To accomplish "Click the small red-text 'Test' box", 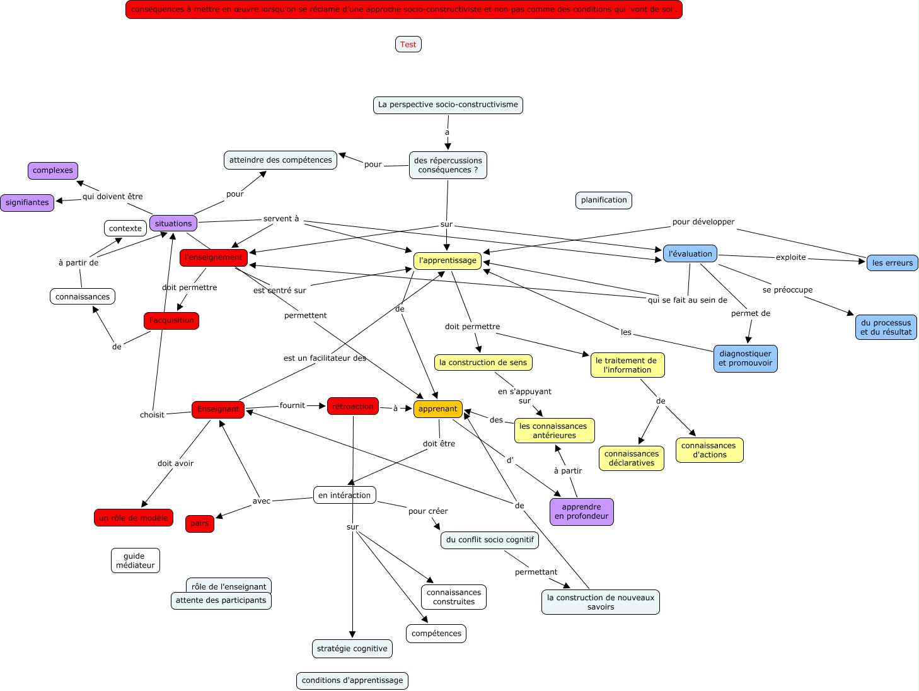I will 408,44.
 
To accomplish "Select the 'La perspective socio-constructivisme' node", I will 448,105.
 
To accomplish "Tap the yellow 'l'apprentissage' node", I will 448,260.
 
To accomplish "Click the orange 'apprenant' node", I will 437,409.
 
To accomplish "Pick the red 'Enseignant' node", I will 218,409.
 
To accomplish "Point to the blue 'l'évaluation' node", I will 690,253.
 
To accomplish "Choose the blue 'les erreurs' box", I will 892,263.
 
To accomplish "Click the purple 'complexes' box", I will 53,170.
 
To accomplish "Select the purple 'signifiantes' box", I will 27,202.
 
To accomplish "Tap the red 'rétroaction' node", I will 352,407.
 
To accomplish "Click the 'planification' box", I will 603,200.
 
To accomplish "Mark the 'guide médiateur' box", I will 135,560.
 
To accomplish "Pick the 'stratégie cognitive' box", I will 352,648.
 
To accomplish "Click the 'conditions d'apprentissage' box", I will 352,680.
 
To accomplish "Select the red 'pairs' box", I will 200,523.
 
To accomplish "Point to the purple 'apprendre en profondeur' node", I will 581,511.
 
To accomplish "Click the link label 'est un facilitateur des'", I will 325,358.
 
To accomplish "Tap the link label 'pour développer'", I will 703,222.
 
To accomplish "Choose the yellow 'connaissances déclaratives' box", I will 631,458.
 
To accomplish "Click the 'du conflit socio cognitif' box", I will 490,540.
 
